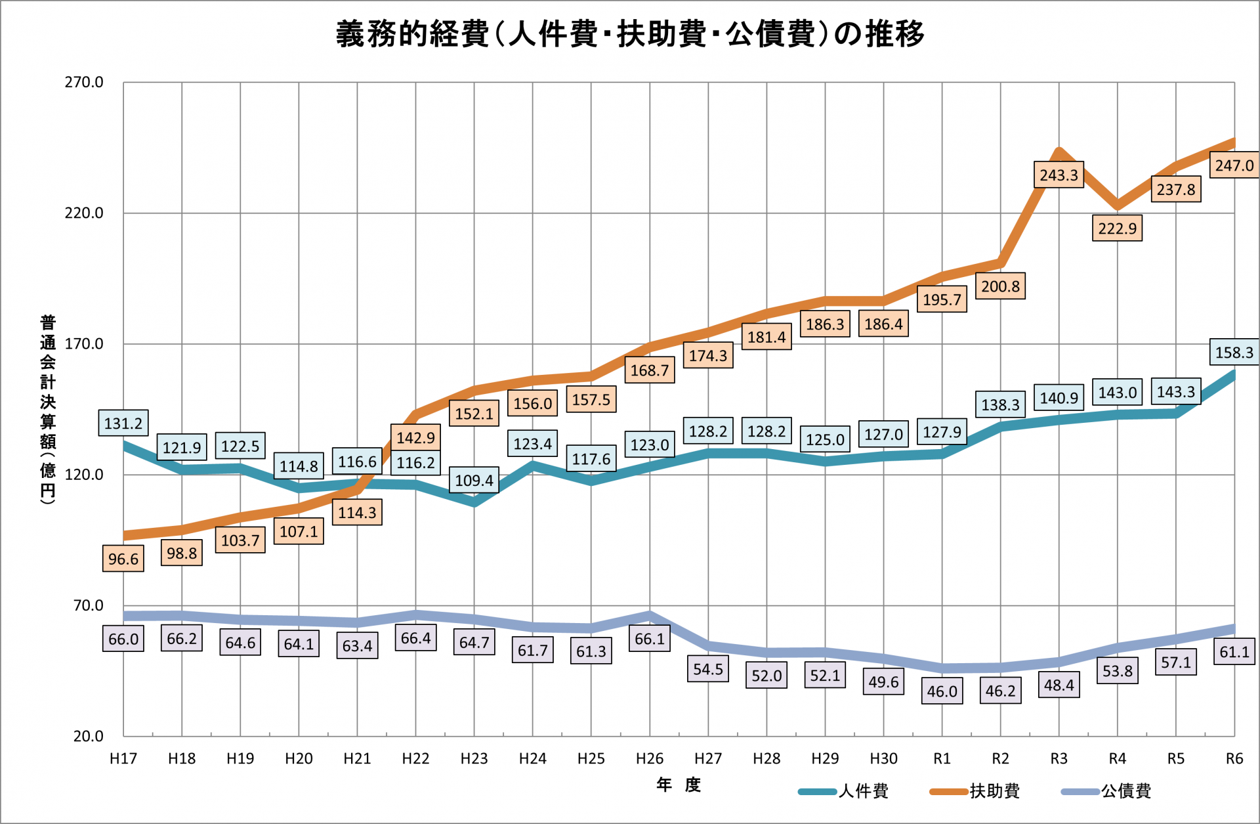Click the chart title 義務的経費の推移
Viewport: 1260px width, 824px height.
(630, 34)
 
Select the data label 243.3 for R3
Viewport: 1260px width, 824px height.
(1059, 175)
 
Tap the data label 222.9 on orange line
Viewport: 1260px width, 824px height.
(1117, 228)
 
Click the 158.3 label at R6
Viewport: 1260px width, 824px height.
(1234, 353)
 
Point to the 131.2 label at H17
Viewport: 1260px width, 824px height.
(123, 423)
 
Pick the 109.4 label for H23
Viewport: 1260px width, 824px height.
(474, 481)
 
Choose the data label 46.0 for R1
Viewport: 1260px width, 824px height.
(942, 691)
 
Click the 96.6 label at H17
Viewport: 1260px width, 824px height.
(123, 559)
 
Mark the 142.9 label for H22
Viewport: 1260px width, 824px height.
(415, 438)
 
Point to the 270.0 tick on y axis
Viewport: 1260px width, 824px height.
(84, 83)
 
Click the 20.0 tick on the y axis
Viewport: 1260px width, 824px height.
(88, 736)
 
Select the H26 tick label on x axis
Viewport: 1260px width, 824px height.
(650, 759)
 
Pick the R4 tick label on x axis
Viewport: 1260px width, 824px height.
(1117, 759)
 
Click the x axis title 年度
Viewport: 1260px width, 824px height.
(679, 785)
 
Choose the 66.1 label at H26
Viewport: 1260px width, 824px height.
(650, 639)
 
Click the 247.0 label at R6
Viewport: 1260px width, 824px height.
(1234, 165)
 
